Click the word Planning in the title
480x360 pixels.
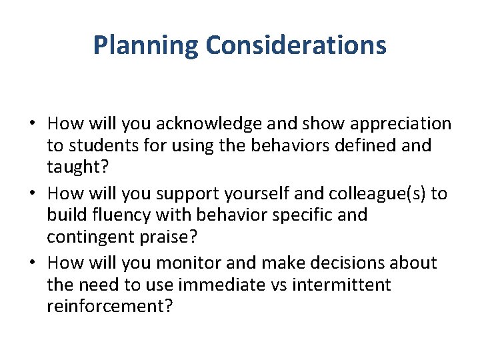point(145,45)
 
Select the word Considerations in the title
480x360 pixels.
point(296,45)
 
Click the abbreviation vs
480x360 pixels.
point(277,285)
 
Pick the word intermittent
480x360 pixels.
point(343,285)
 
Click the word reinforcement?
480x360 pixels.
point(109,306)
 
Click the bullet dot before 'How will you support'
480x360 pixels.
point(33,195)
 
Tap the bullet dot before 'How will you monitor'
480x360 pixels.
point(33,264)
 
